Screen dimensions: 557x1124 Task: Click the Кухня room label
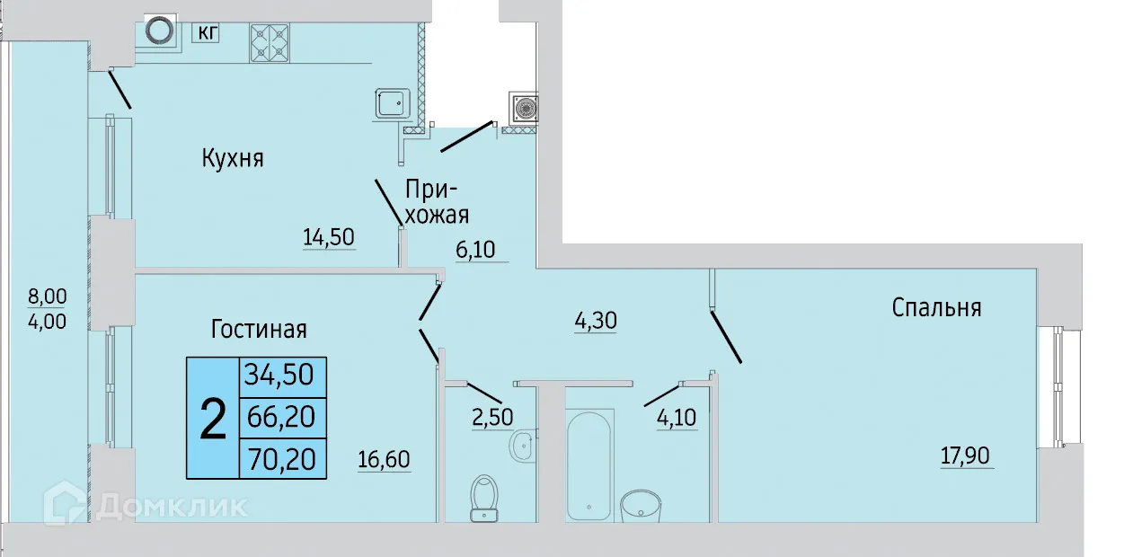232,159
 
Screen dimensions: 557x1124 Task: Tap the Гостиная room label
259,329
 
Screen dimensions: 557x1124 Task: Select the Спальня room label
936,307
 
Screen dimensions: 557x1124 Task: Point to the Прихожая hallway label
438,202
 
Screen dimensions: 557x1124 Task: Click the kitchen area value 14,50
329,237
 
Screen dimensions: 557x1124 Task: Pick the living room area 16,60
384,460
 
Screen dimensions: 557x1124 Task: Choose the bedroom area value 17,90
965,455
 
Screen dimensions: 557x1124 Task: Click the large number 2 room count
212,419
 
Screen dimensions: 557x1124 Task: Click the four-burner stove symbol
270,41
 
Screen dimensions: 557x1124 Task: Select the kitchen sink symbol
392,103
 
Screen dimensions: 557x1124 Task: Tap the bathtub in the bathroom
590,462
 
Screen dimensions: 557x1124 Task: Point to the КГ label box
208,33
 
